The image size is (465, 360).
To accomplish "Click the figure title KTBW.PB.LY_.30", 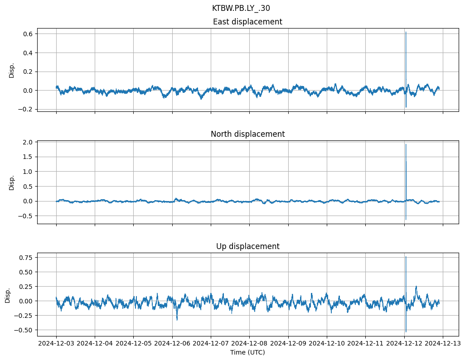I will pyautogui.click(x=241, y=8).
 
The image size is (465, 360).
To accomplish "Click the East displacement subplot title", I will pyautogui.click(x=247, y=22).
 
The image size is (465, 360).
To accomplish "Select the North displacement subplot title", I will pyautogui.click(x=247, y=134).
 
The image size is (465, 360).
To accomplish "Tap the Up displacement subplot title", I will pyautogui.click(x=247, y=246).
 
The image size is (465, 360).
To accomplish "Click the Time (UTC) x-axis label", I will pyautogui.click(x=247, y=352).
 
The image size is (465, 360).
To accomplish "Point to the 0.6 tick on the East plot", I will pyautogui.click(x=27, y=34).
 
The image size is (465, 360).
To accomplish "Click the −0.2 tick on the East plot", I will pyautogui.click(x=25, y=109).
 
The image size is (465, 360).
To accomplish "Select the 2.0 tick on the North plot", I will pyautogui.click(x=27, y=142).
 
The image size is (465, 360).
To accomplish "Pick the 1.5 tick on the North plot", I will pyautogui.click(x=27, y=157).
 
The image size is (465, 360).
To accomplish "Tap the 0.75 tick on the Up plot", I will pyautogui.click(x=25, y=258).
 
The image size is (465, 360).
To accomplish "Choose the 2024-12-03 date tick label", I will pyautogui.click(x=56, y=344).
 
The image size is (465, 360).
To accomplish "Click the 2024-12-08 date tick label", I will pyautogui.click(x=250, y=344).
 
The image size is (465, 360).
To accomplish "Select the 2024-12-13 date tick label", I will pyautogui.click(x=443, y=344).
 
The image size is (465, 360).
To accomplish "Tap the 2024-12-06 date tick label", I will pyautogui.click(x=172, y=344).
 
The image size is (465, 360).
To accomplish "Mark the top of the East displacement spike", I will pyautogui.click(x=406, y=32).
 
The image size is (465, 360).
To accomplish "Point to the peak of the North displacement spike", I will pyautogui.click(x=406, y=144).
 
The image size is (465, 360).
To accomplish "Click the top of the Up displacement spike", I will pyautogui.click(x=406, y=257).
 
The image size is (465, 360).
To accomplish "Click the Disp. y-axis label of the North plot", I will pyautogui.click(x=12, y=182).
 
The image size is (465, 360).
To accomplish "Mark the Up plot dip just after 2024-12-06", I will pyautogui.click(x=177, y=320).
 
